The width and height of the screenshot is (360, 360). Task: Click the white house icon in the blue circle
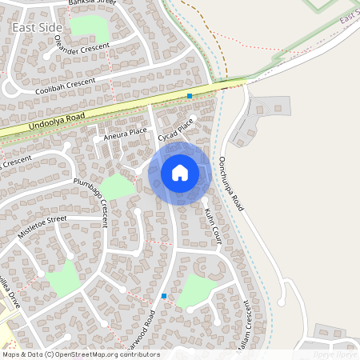click(180, 173)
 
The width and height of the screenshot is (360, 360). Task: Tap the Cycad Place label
click(176, 130)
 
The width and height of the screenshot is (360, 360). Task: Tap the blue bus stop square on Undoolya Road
click(190, 96)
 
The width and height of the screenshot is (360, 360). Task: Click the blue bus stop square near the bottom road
click(164, 296)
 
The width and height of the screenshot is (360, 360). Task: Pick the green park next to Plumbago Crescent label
click(118, 187)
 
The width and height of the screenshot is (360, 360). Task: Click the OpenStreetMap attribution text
click(80, 354)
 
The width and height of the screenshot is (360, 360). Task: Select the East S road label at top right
click(348, 17)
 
